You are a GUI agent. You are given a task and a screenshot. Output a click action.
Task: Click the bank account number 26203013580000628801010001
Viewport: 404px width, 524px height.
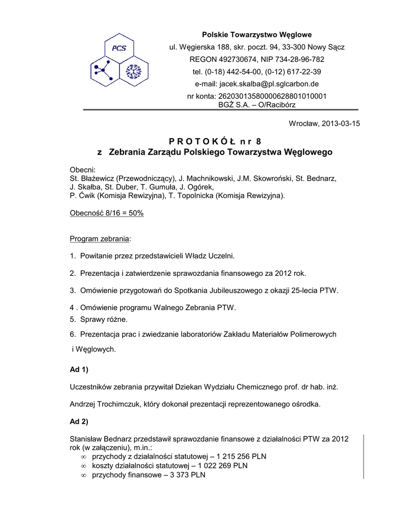coord(272,96)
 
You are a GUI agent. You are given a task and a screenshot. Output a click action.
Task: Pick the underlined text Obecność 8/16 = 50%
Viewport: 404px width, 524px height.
coord(106,213)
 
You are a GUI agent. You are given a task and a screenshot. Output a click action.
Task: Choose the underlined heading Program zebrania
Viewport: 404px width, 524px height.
coord(100,239)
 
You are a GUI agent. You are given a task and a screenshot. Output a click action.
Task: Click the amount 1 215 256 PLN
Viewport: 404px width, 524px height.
coord(242,456)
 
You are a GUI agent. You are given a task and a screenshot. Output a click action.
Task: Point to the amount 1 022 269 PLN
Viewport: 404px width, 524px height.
coord(235,466)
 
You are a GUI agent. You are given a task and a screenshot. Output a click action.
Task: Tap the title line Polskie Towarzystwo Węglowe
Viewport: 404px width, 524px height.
coord(256,35)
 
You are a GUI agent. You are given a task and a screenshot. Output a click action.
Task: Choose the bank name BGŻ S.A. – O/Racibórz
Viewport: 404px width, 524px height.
coord(256,104)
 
